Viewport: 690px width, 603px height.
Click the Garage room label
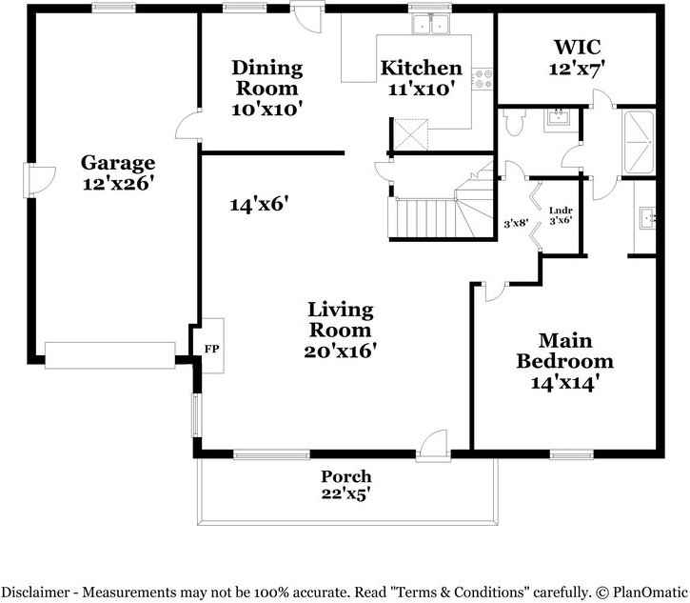(117, 162)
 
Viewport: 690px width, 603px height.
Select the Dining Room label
(267, 78)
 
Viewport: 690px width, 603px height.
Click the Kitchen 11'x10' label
(421, 78)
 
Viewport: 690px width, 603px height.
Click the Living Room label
(340, 320)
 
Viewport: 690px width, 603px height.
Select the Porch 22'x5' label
(345, 484)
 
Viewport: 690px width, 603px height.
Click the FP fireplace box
(210, 349)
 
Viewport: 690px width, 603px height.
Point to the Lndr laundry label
(560, 211)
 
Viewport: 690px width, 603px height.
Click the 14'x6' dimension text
(259, 203)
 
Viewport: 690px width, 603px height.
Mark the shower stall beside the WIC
(638, 143)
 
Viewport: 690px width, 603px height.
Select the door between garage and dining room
(190, 126)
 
